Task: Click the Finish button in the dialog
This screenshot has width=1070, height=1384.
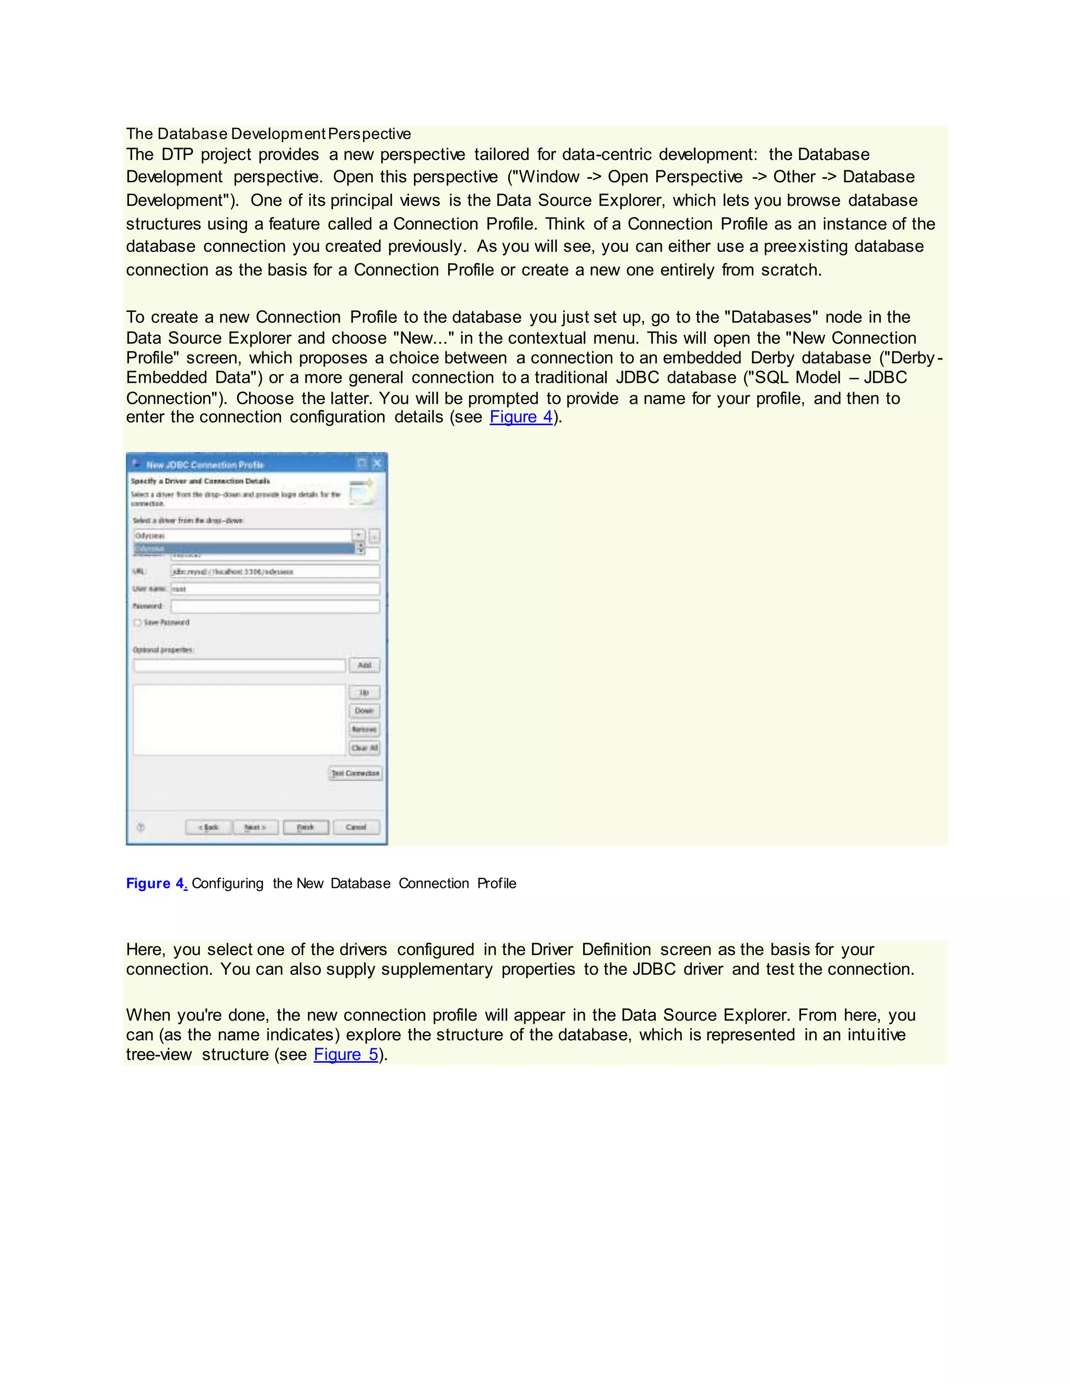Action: [306, 827]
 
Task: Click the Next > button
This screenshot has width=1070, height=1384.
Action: [255, 827]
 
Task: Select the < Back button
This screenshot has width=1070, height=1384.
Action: [208, 827]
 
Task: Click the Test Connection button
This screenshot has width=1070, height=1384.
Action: [356, 773]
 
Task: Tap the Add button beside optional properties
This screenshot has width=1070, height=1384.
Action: [364, 665]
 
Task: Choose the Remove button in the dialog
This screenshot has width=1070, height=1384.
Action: [364, 730]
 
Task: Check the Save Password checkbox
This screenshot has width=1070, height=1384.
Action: [137, 623]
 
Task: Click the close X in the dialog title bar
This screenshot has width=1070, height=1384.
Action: [377, 463]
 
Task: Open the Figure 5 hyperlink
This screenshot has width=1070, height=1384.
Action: [346, 1054]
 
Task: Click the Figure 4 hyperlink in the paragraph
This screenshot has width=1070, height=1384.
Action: [521, 417]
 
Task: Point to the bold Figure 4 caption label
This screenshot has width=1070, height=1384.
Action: [155, 883]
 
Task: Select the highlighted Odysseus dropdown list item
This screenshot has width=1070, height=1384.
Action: [243, 548]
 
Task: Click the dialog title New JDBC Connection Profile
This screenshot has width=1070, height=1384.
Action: [205, 464]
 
